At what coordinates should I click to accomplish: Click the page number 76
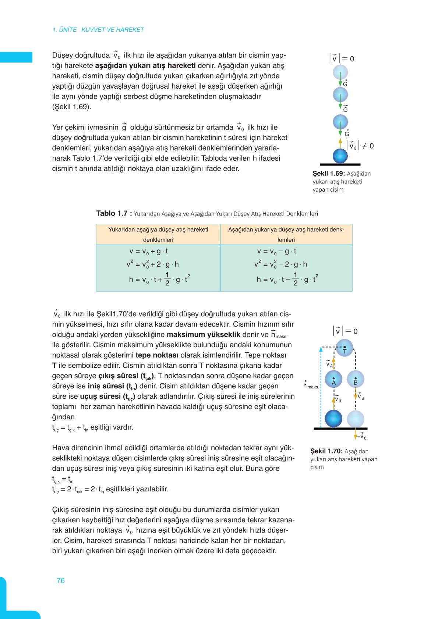(x=61, y=580)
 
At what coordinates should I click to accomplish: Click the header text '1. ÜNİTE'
(x=64, y=30)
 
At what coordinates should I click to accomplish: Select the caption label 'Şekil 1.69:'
(x=328, y=174)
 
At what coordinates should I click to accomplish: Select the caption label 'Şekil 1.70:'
(x=326, y=451)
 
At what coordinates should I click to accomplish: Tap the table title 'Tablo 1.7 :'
(x=114, y=213)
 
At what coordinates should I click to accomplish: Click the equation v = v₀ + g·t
(x=149, y=252)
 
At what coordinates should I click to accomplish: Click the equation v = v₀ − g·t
(x=276, y=252)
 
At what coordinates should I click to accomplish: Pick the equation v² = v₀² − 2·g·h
(x=280, y=264)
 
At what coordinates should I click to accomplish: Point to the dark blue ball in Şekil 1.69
(x=340, y=156)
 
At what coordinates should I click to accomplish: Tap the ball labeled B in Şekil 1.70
(x=356, y=379)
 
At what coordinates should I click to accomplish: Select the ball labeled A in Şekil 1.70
(x=333, y=379)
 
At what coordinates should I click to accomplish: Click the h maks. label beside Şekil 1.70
(x=311, y=385)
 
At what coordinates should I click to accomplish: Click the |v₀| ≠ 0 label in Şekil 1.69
(x=360, y=146)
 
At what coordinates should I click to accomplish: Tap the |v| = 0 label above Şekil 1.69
(x=342, y=58)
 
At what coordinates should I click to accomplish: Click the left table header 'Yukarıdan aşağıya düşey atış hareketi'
(x=158, y=230)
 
